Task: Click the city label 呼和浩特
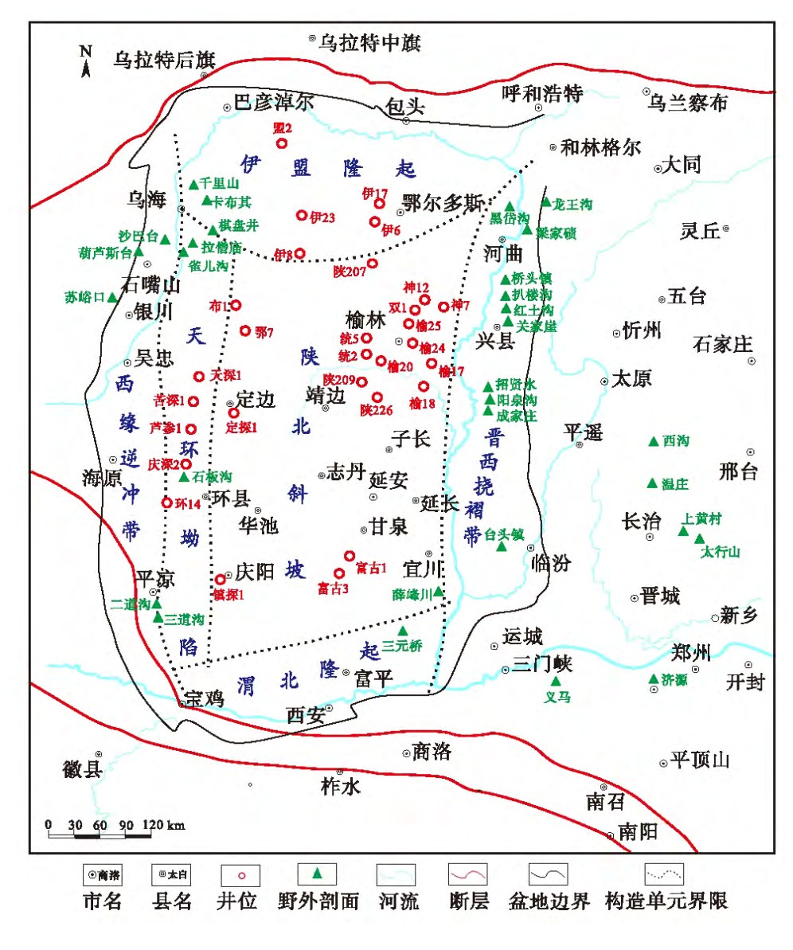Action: (543, 94)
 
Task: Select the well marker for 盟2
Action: (281, 143)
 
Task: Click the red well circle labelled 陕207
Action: (372, 264)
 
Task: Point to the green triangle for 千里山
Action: (193, 184)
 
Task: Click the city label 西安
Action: (306, 715)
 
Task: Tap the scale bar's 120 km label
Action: (163, 825)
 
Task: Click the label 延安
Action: (389, 482)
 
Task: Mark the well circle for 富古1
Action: (349, 556)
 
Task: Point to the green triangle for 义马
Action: (556, 682)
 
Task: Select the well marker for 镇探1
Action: (221, 579)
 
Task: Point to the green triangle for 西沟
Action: (654, 441)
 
